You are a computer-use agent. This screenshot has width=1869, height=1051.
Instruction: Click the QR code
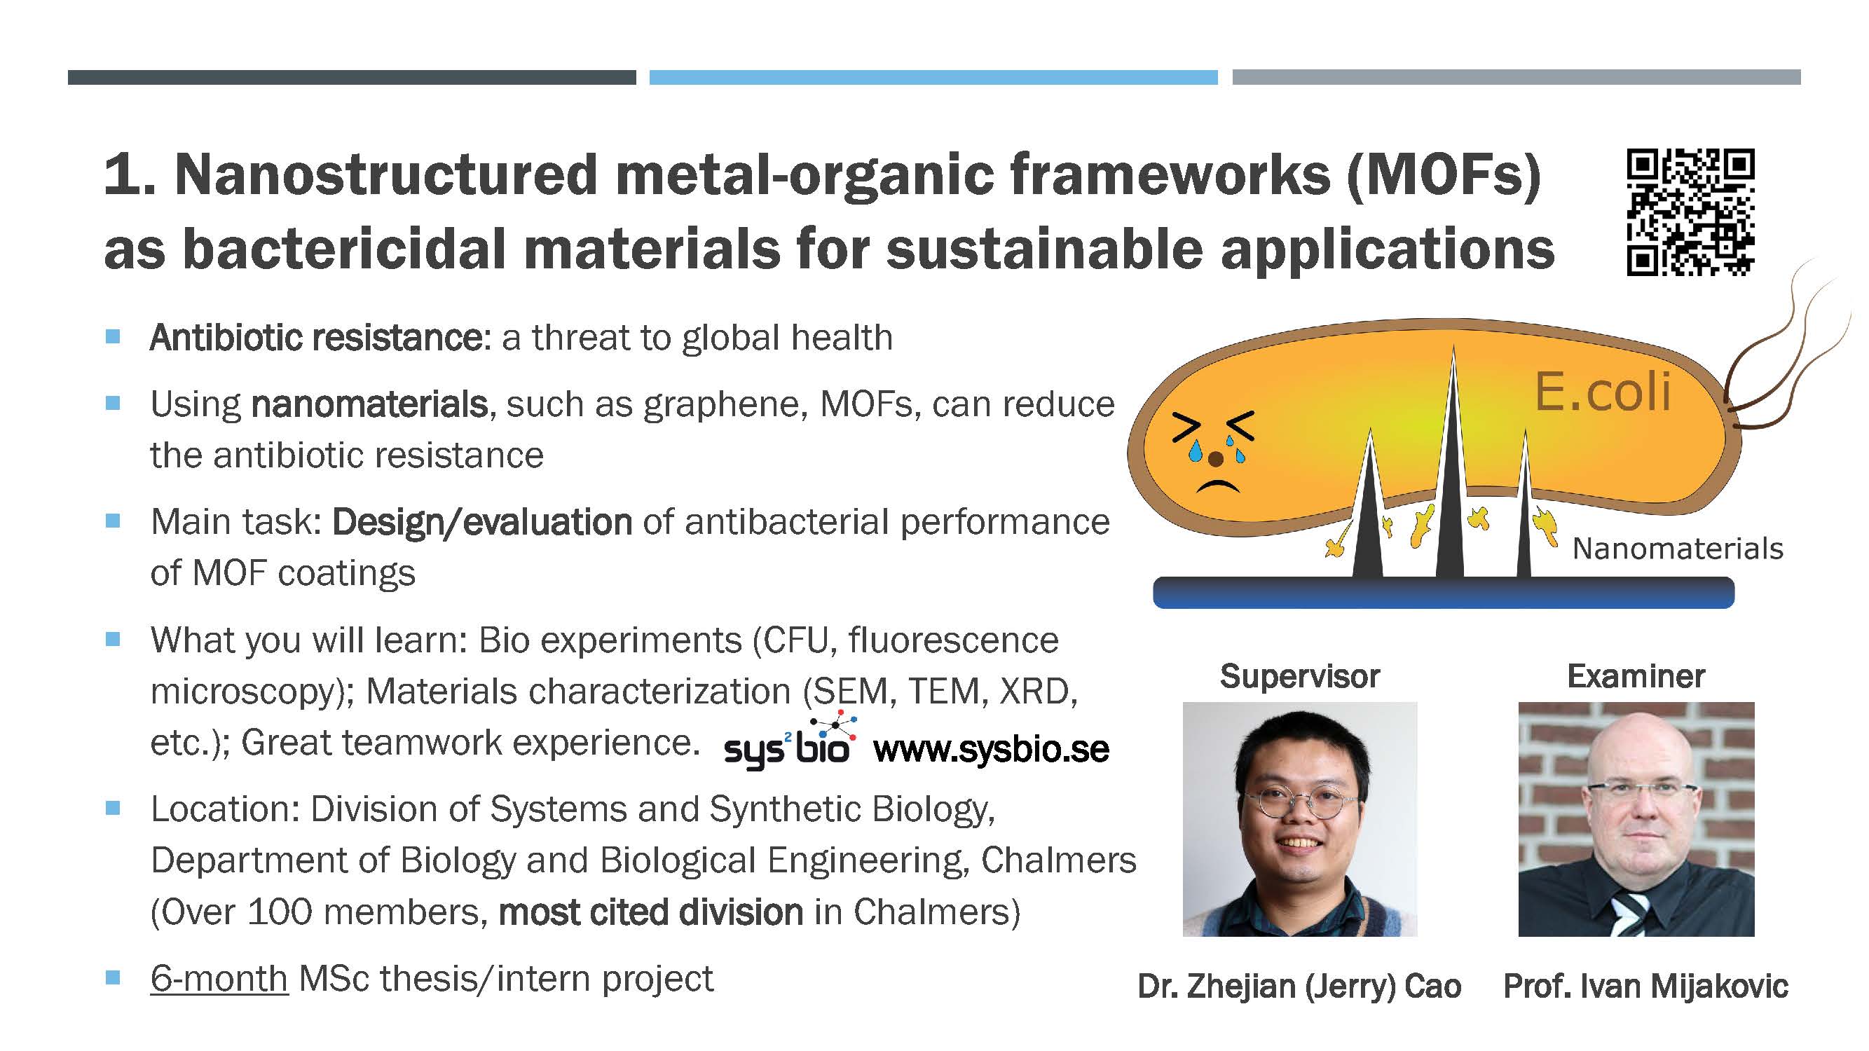click(1690, 212)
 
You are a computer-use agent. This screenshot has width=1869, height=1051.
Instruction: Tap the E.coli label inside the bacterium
click(1602, 392)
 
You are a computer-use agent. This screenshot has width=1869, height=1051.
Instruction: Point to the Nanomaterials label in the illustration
click(1678, 549)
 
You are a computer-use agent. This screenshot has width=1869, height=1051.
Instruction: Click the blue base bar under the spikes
click(1443, 593)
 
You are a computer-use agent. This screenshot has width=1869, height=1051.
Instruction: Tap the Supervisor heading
click(1299, 676)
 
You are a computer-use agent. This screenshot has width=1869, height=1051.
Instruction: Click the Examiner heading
click(1636, 676)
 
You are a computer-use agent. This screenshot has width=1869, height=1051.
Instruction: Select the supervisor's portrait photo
click(1299, 819)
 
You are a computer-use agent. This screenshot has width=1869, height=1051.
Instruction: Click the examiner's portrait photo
click(1636, 819)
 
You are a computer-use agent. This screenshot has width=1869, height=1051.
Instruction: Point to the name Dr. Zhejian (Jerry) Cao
click(1299, 987)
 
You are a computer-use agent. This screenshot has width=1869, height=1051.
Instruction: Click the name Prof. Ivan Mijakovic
click(1645, 987)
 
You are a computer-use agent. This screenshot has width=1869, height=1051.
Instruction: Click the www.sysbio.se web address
click(991, 749)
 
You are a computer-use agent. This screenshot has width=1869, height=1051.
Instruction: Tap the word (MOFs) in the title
click(1443, 176)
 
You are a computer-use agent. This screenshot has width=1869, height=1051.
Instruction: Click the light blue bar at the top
click(933, 78)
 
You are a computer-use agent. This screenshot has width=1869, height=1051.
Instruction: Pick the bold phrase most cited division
click(651, 912)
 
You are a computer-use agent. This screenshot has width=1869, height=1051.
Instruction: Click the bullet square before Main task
click(112, 521)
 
